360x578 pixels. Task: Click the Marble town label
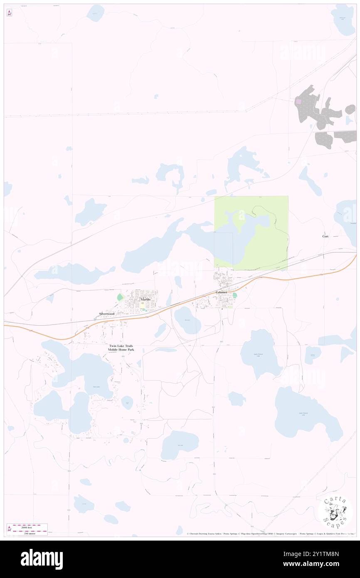click(145, 299)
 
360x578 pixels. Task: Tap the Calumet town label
click(222, 292)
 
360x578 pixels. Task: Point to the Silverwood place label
click(106, 313)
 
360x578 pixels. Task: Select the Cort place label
click(325, 236)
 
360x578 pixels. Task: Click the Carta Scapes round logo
click(335, 512)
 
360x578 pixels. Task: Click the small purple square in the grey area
click(298, 101)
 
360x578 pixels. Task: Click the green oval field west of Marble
click(120, 297)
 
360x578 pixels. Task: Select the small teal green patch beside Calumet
click(234, 295)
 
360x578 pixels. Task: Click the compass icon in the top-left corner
click(9, 13)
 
